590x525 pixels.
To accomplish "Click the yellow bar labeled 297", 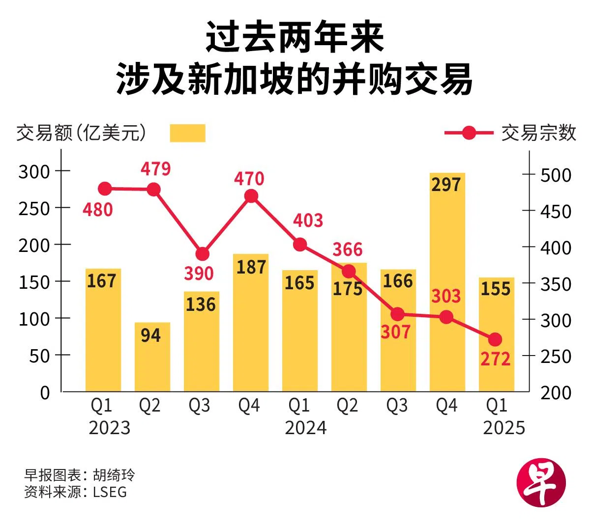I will (447, 282).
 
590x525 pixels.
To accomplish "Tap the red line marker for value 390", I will (202, 254).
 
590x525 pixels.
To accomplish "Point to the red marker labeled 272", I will (495, 339).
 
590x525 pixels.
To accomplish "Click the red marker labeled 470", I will (251, 196).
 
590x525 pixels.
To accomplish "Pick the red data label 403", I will (308, 221).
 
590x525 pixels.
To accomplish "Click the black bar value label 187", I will (251, 267).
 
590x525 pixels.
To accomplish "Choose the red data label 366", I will (347, 249).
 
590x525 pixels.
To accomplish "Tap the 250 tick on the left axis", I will (34, 208).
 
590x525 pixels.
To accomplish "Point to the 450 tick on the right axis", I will (556, 211).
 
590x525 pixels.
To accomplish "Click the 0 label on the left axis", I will (45, 392).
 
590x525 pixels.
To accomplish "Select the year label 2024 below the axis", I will (305, 428).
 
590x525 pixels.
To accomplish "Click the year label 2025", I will (504, 428).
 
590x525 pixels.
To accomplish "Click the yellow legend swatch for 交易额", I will (187, 133).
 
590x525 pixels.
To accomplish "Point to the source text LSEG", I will (110, 492).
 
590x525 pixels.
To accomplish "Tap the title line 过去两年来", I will (295, 38).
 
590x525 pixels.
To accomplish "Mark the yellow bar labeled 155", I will (497, 334).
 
